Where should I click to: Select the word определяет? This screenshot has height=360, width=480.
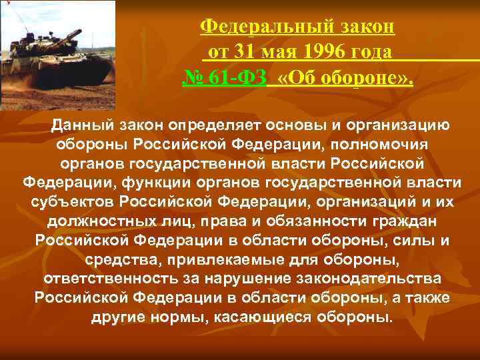tap(216, 125)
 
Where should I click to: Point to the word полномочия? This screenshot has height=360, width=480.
tap(374, 143)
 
